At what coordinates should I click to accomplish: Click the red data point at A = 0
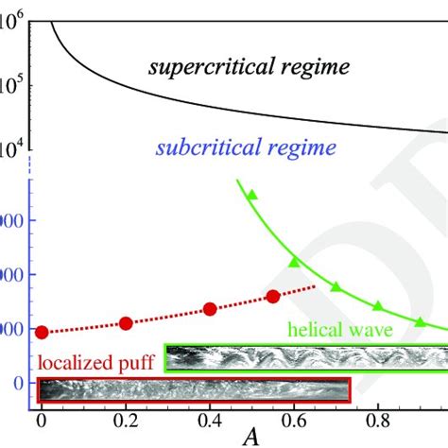(x=42, y=332)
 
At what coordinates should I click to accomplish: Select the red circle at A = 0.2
(x=126, y=323)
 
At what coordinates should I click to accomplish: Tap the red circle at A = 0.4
(x=210, y=309)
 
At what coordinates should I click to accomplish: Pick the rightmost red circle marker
(x=273, y=296)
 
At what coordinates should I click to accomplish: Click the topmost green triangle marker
(x=252, y=195)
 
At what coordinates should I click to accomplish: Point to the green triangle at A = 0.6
(x=294, y=261)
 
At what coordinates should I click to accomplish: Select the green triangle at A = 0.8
(x=378, y=305)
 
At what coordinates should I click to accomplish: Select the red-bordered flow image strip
(x=194, y=388)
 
